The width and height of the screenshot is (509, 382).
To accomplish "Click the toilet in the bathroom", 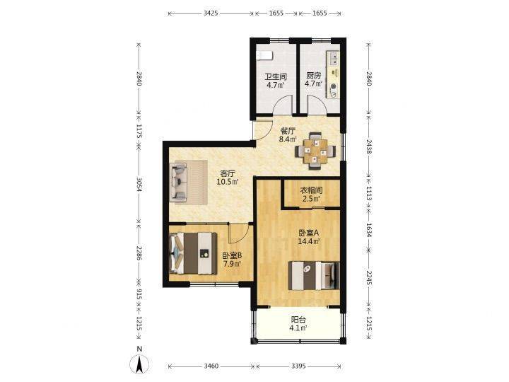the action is pyautogui.click(x=264, y=56).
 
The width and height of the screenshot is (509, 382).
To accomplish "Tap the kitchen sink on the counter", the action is pyautogui.click(x=334, y=59).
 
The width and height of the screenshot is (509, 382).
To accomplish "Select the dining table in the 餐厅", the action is pyautogui.click(x=315, y=151).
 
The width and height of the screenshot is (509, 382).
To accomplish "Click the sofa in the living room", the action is pyautogui.click(x=178, y=182).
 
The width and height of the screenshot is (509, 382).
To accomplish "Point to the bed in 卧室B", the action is pyautogui.click(x=194, y=253).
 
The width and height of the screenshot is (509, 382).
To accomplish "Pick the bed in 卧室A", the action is pyautogui.click(x=314, y=275).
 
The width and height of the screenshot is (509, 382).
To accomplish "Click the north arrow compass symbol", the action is pyautogui.click(x=139, y=364).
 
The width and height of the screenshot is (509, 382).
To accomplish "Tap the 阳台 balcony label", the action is pyautogui.click(x=298, y=320).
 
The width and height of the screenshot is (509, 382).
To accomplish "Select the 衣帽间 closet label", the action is pyautogui.click(x=311, y=190).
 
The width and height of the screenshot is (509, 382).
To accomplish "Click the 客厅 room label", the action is pyautogui.click(x=228, y=173).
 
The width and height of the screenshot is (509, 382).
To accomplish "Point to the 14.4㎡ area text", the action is pyautogui.click(x=310, y=241).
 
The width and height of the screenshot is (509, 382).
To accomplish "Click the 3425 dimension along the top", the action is pyautogui.click(x=211, y=13).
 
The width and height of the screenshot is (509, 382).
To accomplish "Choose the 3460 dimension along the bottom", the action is pyautogui.click(x=211, y=366).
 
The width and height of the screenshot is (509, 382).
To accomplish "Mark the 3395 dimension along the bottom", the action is pyautogui.click(x=298, y=366).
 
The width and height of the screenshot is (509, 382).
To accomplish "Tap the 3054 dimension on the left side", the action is pyautogui.click(x=139, y=184).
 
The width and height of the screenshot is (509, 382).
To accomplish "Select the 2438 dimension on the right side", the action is pyautogui.click(x=369, y=146).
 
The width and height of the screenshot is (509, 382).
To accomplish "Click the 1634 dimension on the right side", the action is pyautogui.click(x=369, y=230).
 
